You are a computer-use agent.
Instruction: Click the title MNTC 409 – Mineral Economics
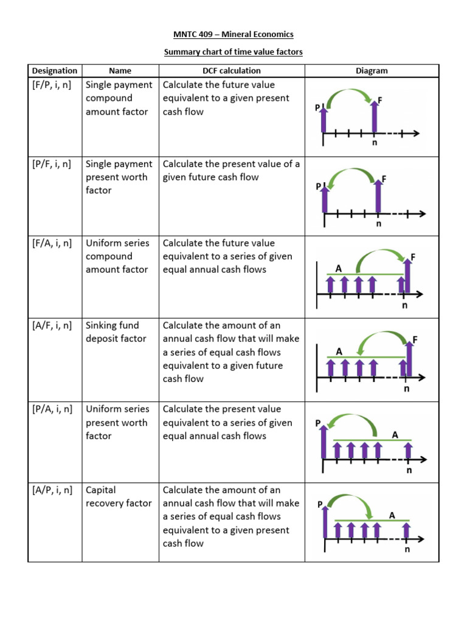click(x=233, y=35)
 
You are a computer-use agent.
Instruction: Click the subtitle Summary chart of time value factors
click(x=233, y=52)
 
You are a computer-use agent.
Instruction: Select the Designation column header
click(x=55, y=70)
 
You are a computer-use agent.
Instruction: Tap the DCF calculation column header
click(x=232, y=70)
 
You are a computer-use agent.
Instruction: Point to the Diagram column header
click(x=372, y=70)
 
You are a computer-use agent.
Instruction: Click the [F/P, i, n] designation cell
click(x=52, y=85)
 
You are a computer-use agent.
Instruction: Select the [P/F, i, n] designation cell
click(x=52, y=164)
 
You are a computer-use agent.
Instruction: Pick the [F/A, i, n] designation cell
click(x=52, y=243)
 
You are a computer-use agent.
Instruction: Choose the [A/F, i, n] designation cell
click(x=52, y=326)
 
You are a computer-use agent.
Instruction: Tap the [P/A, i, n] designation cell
click(x=52, y=409)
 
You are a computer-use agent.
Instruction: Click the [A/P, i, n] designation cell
click(x=52, y=490)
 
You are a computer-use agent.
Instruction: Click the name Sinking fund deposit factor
click(x=116, y=332)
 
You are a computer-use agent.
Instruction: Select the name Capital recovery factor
click(x=119, y=496)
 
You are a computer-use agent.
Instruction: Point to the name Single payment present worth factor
click(x=119, y=177)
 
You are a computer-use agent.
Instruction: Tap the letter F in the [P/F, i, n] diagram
click(x=384, y=179)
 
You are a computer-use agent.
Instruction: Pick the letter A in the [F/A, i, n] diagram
click(x=339, y=268)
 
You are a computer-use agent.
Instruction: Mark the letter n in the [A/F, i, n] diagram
click(x=407, y=390)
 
